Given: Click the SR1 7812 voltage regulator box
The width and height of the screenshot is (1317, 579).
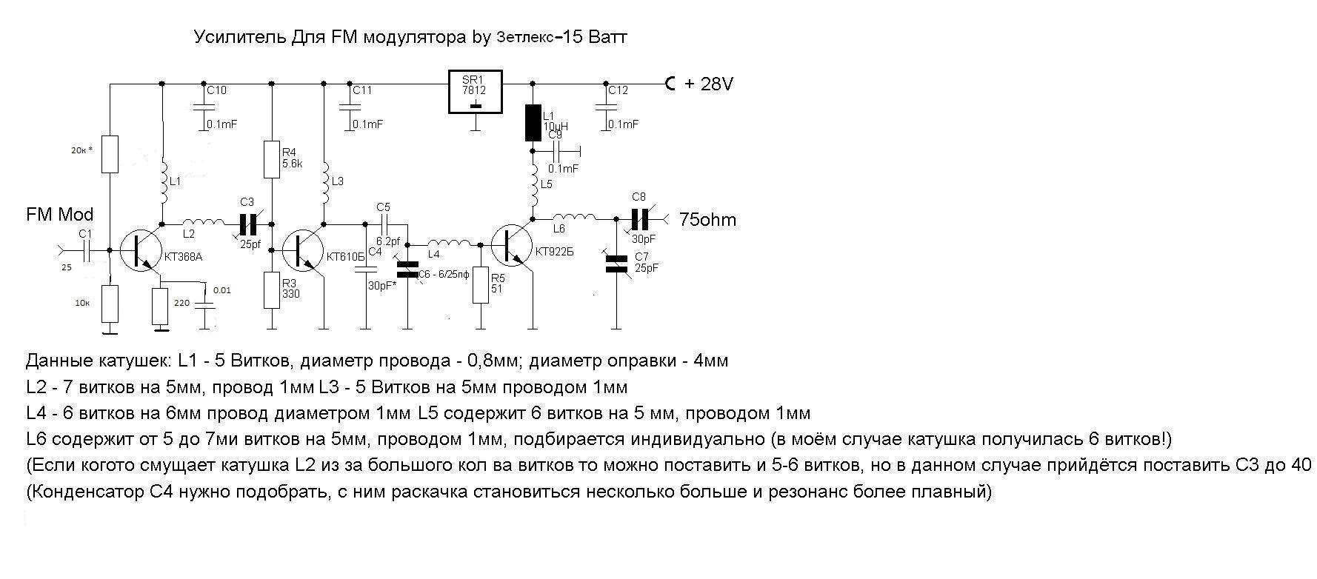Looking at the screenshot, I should pyautogui.click(x=475, y=93).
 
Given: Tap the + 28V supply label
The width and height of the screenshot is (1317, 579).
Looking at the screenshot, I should pyautogui.click(x=707, y=84).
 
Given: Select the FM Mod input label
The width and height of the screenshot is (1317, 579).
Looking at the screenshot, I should pyautogui.click(x=60, y=215).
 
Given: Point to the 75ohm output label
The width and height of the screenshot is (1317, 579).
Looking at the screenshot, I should pyautogui.click(x=707, y=220).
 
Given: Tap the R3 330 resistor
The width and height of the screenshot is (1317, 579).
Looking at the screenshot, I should pyautogui.click(x=272, y=289).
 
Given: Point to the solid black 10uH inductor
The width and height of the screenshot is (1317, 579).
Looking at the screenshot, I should pyautogui.click(x=533, y=122).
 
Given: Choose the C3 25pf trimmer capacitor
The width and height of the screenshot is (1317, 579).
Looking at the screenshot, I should pyautogui.click(x=247, y=222).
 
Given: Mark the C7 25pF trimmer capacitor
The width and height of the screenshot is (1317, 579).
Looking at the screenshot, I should pyautogui.click(x=616, y=264).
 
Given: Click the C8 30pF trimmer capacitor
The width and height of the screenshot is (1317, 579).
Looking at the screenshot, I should pyautogui.click(x=639, y=218).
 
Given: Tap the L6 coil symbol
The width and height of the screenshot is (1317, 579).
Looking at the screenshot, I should pyautogui.click(x=575, y=218).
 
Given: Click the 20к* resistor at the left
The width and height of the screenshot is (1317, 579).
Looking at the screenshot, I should pyautogui.click(x=110, y=154).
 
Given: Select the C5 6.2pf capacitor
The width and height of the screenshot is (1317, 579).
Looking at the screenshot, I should pyautogui.click(x=384, y=222).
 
